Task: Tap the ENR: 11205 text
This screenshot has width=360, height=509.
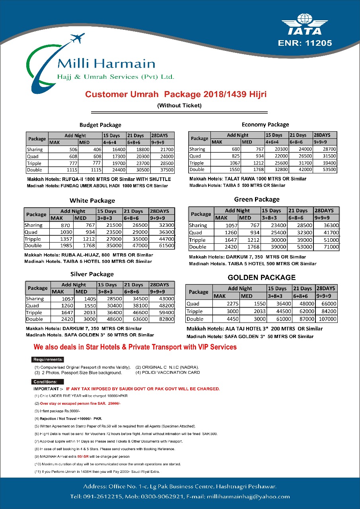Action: point(305,43)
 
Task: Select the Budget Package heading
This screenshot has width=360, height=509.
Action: point(100,125)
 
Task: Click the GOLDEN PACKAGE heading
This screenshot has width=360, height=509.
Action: point(261,277)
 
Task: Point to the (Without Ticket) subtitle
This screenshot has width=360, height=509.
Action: point(179,105)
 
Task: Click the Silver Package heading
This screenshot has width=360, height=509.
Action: point(92,274)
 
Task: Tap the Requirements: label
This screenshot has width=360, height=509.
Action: point(48,359)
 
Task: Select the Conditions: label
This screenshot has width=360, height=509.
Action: point(46,382)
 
